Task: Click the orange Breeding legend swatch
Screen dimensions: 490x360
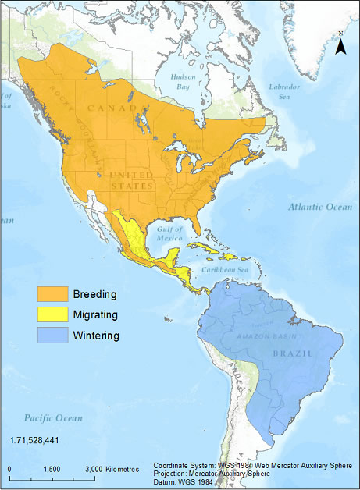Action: [55, 295]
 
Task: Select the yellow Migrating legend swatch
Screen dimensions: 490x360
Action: [55, 315]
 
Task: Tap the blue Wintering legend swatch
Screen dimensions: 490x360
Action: [55, 336]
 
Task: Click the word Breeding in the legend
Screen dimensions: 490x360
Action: [94, 295]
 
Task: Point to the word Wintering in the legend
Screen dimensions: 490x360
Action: [96, 336]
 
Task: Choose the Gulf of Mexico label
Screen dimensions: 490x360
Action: [169, 234]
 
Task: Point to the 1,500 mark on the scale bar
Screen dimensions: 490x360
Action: [52, 469]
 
